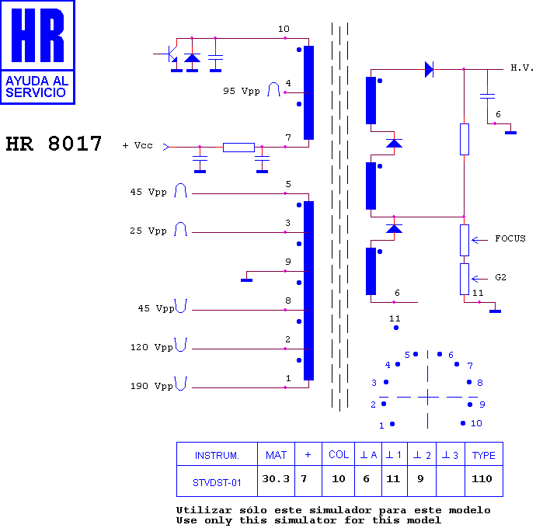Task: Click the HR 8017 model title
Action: [x=54, y=144]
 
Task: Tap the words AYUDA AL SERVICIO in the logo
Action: [x=37, y=87]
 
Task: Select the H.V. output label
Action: [x=522, y=68]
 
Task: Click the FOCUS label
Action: [x=510, y=238]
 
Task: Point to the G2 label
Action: [x=500, y=277]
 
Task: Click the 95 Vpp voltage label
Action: [x=242, y=91]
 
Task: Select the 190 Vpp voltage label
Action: [x=151, y=386]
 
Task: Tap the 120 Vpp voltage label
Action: [x=151, y=347]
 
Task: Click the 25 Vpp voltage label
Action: [x=148, y=231]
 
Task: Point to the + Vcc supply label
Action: [x=137, y=145]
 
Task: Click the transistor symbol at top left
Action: [x=170, y=54]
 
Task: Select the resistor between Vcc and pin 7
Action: [x=238, y=148]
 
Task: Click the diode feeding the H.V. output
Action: [x=429, y=69]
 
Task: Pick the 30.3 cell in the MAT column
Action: [x=276, y=478]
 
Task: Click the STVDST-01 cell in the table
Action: [x=217, y=482]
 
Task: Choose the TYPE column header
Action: [x=483, y=455]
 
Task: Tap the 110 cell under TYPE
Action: [x=482, y=478]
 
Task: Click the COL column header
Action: [x=339, y=454]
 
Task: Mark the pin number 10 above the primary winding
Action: [x=284, y=29]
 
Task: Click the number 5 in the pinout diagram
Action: [x=407, y=355]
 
